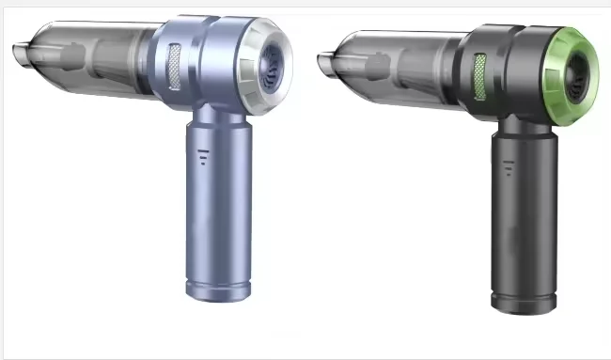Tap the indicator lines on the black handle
point(510,167)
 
